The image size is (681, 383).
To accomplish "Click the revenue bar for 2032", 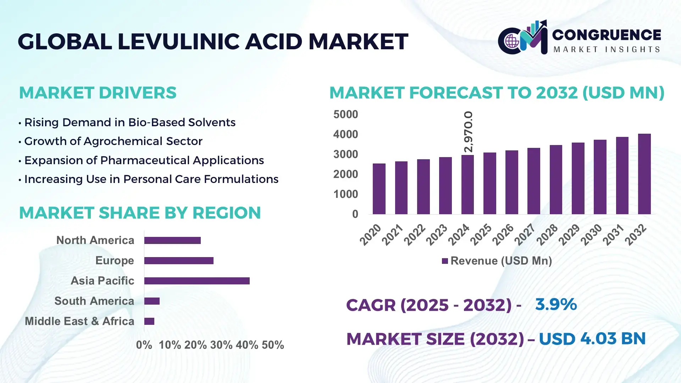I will coord(644,174).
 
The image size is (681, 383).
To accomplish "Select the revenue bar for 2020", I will coord(379,189).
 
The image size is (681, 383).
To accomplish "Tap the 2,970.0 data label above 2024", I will coord(468,132).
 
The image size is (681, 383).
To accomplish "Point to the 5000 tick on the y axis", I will coord(345,115).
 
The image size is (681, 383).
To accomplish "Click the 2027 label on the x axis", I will coord(525,234).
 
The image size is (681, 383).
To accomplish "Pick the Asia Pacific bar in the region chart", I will coord(197,281).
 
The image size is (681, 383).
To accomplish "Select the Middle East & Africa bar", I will coord(149,321).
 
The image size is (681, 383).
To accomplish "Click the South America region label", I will coord(94,301).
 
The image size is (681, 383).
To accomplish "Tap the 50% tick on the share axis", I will coord(273,345).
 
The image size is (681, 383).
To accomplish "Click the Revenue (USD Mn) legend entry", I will coord(497,261).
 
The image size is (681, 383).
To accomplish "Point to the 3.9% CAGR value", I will coord(556,304).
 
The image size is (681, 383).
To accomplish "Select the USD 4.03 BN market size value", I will coord(592,339).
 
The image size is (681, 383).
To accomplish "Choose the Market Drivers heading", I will coord(98,93).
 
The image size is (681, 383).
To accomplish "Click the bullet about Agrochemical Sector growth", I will coord(113,141).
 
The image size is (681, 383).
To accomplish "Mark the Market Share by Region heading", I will coord(140,213).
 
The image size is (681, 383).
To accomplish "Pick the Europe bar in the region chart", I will coord(179,261).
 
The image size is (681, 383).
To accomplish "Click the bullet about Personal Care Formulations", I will coord(151,179).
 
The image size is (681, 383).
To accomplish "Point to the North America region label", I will coord(95,240).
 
